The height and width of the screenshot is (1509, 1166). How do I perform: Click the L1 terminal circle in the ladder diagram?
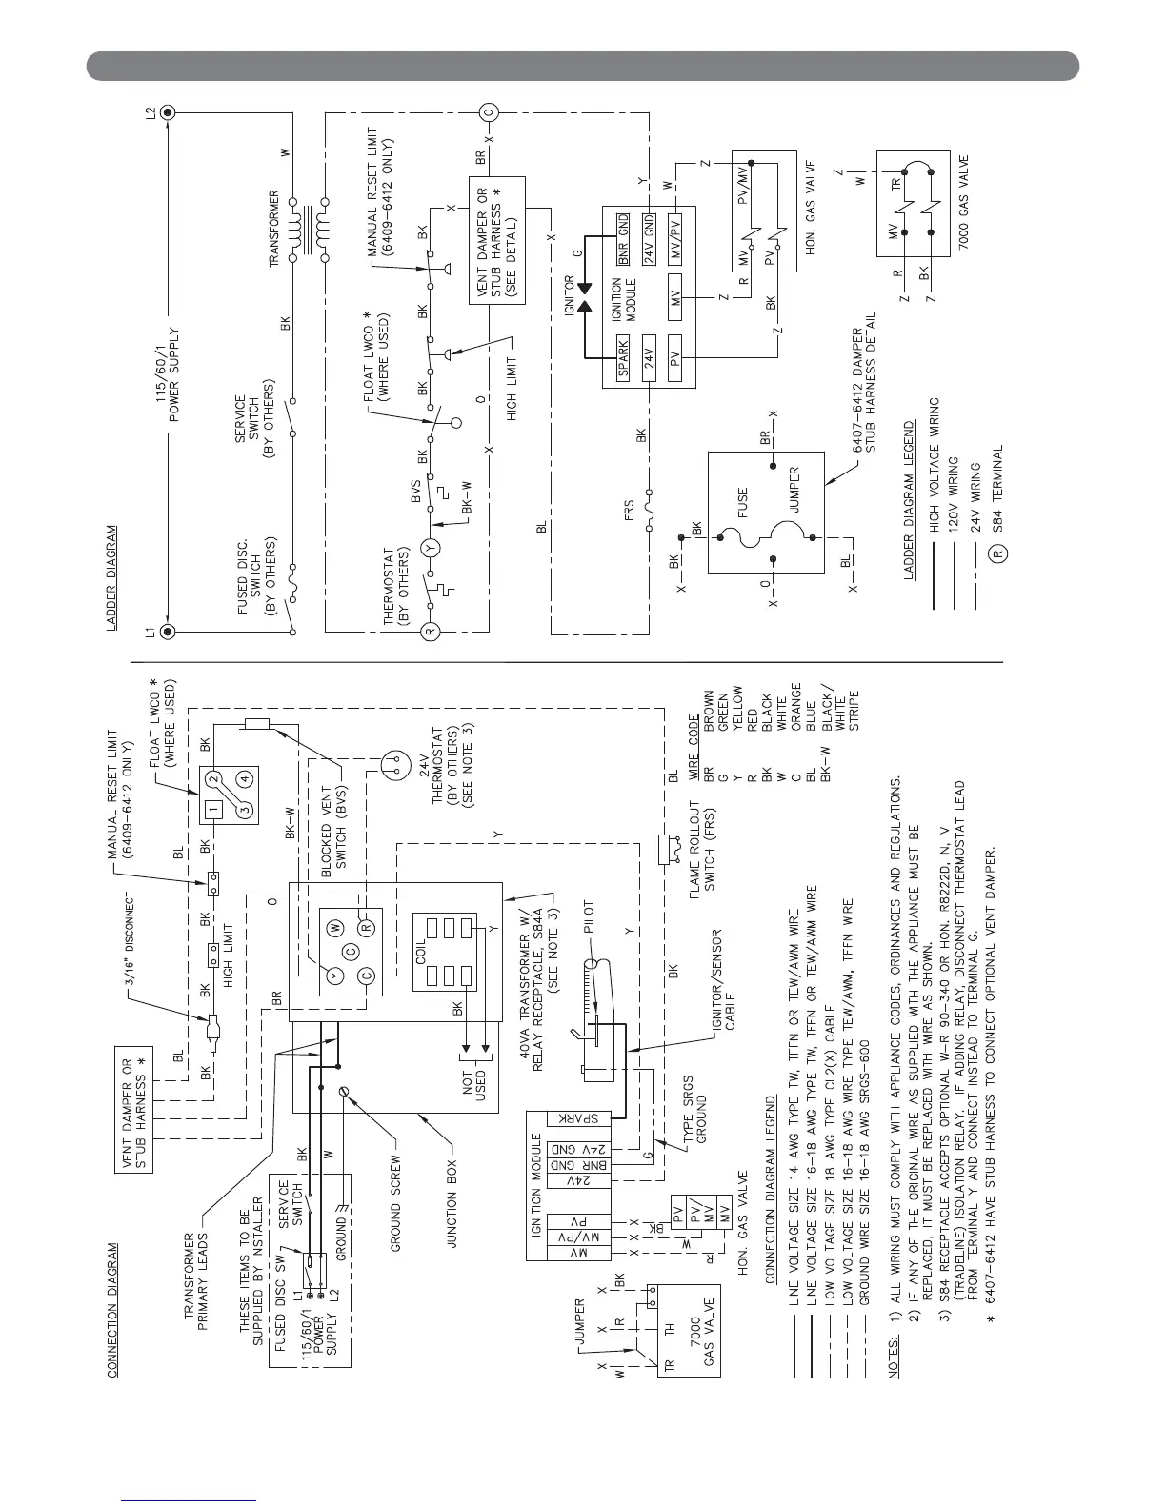tap(168, 632)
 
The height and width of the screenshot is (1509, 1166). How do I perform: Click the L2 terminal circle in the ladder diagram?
tap(168, 112)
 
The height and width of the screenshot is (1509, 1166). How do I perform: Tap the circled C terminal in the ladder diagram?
tap(489, 112)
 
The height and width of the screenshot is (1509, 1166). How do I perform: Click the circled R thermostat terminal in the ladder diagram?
tap(430, 632)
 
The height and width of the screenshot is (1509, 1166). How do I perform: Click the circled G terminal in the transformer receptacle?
tap(351, 951)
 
